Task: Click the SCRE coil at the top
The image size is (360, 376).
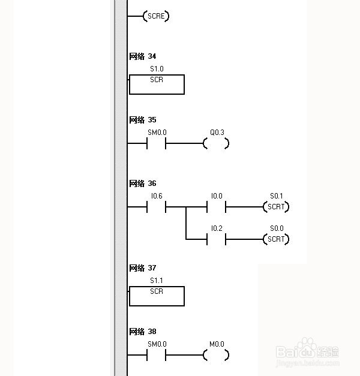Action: point(156,16)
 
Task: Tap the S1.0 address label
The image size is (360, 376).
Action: point(157,70)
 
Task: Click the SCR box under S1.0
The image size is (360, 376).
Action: point(157,85)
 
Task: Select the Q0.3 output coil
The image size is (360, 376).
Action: point(216,144)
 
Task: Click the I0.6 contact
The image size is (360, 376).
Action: point(157,207)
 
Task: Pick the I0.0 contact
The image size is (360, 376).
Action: point(216,207)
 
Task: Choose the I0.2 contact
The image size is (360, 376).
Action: point(216,239)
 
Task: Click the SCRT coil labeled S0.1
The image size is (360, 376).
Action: point(276,207)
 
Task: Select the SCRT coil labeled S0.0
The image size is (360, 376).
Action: point(276,239)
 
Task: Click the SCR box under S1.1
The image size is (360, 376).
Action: point(157,296)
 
